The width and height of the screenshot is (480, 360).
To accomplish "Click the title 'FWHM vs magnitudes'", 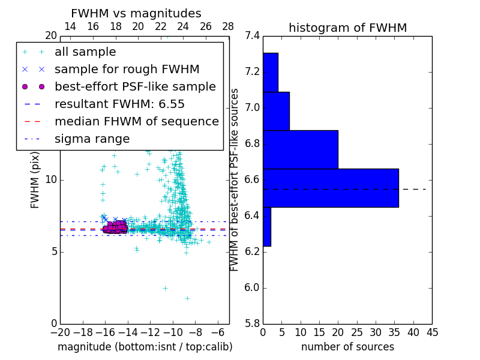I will (136, 13).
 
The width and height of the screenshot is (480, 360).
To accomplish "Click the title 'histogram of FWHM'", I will (347, 28).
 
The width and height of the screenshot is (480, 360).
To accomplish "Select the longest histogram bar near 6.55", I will (331, 188).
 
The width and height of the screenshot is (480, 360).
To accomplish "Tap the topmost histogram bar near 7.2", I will (270, 72).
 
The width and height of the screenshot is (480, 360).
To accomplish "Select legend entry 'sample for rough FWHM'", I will (127, 70).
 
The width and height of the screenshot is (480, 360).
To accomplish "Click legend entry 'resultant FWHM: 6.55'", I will (119, 104).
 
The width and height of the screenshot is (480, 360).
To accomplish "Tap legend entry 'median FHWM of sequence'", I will (136, 122).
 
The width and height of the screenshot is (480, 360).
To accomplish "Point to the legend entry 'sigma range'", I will (92, 139).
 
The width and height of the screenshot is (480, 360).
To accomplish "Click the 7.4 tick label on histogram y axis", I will (252, 36).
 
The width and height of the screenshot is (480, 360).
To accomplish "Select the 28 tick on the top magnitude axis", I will (229, 26).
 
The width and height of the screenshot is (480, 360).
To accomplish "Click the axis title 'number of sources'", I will (347, 347).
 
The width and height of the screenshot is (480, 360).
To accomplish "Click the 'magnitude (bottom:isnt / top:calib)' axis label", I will (145, 347).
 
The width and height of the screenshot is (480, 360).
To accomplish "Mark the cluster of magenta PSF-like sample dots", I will (114, 227).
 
